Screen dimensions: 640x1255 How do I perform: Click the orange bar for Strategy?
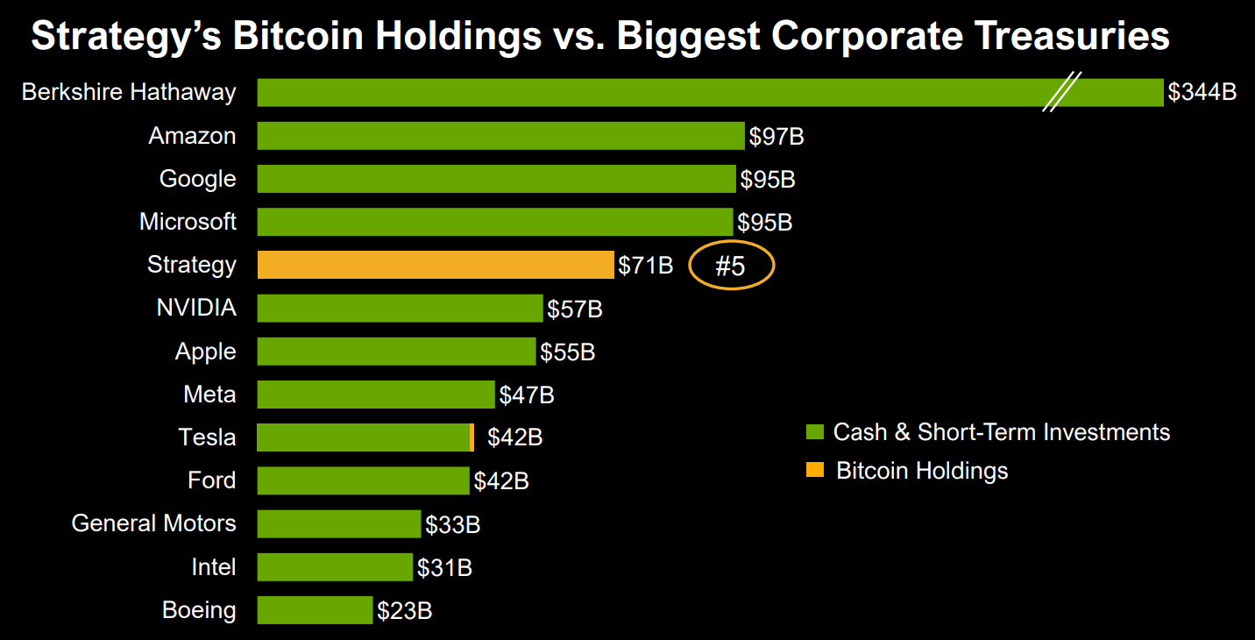[x=435, y=265]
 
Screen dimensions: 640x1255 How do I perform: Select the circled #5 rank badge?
[x=731, y=265]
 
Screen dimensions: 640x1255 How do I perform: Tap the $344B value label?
[x=1202, y=92]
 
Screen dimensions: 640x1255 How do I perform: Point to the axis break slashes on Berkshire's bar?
[x=1061, y=92]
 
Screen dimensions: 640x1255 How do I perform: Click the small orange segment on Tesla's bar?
[x=472, y=437]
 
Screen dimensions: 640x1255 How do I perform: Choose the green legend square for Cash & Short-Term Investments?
[x=815, y=432]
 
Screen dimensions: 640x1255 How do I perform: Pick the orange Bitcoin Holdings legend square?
[x=815, y=471]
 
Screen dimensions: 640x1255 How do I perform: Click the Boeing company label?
[x=199, y=610]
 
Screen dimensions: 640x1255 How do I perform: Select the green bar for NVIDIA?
[x=400, y=308]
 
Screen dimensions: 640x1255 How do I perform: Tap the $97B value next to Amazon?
[x=776, y=136]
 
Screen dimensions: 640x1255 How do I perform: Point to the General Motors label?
[x=153, y=523]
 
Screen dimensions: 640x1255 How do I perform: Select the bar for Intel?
[x=335, y=566]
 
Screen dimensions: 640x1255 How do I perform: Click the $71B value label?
[x=645, y=265]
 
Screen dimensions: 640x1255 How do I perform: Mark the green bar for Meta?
[x=376, y=395]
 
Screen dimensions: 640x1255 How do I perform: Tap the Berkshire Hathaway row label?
[x=129, y=92]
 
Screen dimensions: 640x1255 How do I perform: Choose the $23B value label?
[x=404, y=610]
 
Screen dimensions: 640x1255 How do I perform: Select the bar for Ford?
[x=363, y=480]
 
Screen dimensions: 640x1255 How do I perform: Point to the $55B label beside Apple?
[x=567, y=352]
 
